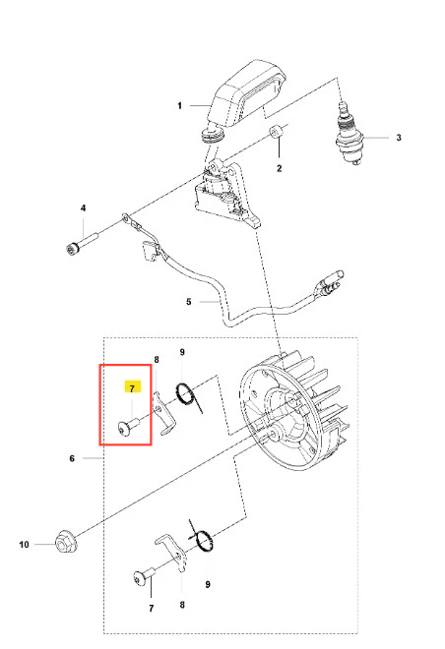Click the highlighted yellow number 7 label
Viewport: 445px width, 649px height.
click(x=132, y=387)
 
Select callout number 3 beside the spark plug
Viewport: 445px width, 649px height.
click(x=399, y=138)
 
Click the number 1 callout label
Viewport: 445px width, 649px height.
click(x=179, y=106)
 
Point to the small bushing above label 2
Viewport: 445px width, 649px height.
click(x=277, y=131)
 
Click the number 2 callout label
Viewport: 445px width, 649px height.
click(x=280, y=168)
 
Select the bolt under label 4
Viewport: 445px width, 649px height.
click(x=81, y=244)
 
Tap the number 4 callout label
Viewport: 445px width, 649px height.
click(x=83, y=207)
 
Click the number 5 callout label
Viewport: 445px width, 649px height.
click(x=188, y=302)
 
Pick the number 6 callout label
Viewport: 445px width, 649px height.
click(x=72, y=458)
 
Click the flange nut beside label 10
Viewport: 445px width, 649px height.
click(x=65, y=541)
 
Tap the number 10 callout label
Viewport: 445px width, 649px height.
click(x=24, y=545)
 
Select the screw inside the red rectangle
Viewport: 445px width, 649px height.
click(x=128, y=427)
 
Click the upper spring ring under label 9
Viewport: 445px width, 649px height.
click(x=185, y=393)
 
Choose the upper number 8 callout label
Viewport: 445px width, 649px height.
click(x=157, y=360)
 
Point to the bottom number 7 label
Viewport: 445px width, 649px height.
click(x=152, y=608)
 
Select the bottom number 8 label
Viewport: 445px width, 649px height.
click(x=182, y=605)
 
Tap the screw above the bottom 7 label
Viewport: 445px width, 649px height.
click(x=144, y=577)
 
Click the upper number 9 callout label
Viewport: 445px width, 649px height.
click(x=182, y=352)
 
